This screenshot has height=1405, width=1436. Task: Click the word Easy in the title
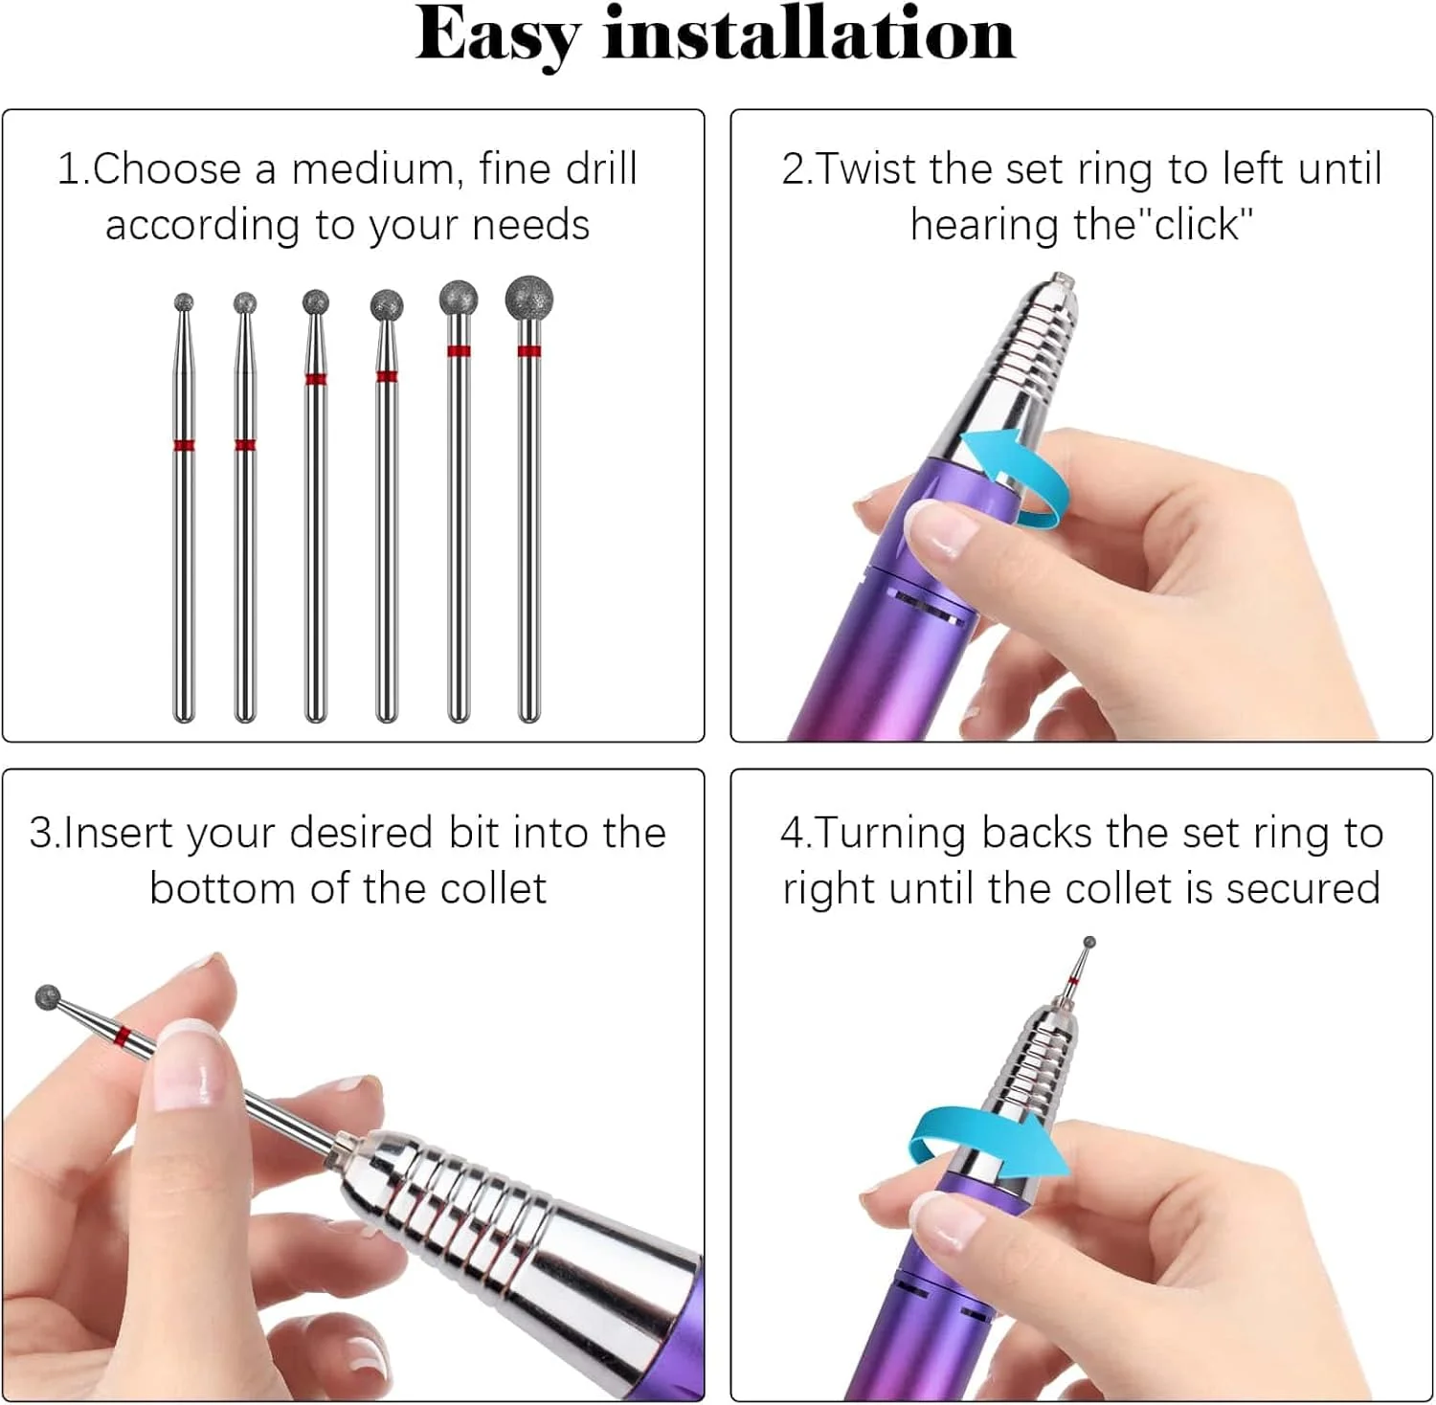tap(498, 36)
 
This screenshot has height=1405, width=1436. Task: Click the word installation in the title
tap(810, 33)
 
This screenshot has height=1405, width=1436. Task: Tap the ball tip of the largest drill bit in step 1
tap(529, 299)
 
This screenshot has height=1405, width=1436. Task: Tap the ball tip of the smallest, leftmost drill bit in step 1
tap(184, 304)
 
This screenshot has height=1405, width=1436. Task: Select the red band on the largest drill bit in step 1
tap(529, 350)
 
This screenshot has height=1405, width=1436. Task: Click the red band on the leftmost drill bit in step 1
tap(184, 445)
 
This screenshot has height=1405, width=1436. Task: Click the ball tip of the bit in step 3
tap(49, 997)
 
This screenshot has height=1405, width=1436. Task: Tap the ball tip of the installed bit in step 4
tap(1089, 944)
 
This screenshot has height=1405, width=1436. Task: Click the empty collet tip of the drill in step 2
tap(1059, 282)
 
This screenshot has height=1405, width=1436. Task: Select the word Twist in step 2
tap(866, 168)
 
